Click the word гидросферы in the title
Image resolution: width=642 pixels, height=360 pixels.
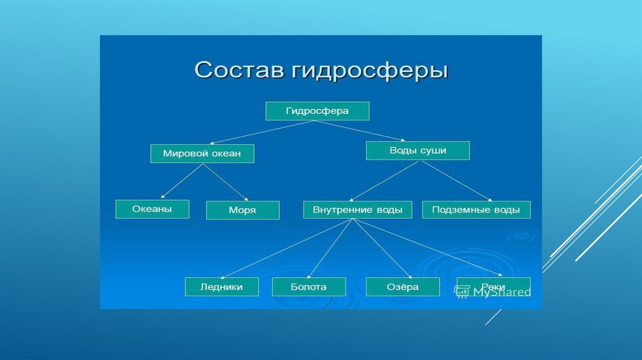tap(369, 71)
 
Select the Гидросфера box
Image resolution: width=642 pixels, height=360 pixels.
tap(317, 111)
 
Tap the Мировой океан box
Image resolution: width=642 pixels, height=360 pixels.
tap(202, 154)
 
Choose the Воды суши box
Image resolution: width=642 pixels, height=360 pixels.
tap(418, 151)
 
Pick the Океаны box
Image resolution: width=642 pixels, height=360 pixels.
tap(152, 209)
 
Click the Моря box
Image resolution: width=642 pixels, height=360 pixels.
tap(242, 210)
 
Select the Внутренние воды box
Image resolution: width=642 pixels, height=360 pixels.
tap(357, 209)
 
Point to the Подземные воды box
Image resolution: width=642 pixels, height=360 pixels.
tap(476, 209)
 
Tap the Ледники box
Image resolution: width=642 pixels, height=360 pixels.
tap(222, 287)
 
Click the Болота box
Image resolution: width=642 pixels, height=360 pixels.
tap(308, 287)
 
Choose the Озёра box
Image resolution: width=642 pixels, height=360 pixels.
tap(402, 287)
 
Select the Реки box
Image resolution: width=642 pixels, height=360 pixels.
tap(493, 287)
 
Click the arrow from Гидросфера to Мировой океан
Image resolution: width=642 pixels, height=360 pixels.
tap(260, 132)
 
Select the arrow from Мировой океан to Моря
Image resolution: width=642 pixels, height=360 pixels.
tap(222, 183)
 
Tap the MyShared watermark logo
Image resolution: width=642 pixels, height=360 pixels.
tap(493, 292)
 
